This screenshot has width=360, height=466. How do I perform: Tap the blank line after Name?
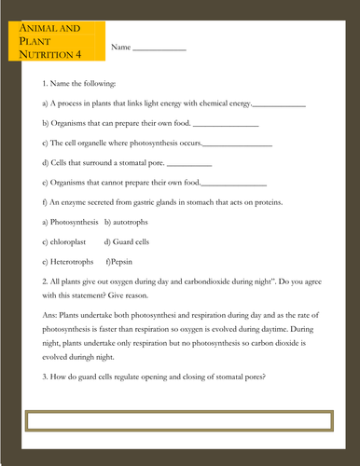click(159, 48)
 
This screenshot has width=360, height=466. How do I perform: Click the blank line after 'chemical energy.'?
click(279, 105)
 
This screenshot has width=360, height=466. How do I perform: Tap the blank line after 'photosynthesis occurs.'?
click(237, 144)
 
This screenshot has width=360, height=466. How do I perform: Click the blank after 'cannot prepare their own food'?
click(234, 184)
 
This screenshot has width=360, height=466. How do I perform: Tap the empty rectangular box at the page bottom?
click(178, 419)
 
